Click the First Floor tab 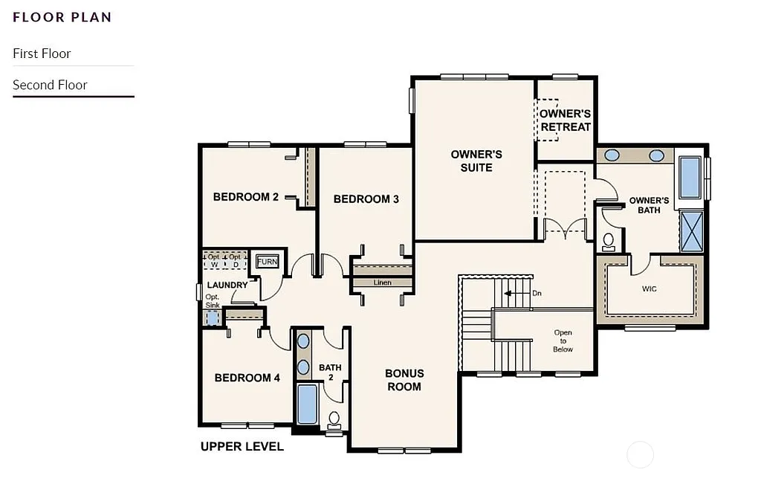[42, 54]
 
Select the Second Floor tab [50, 85]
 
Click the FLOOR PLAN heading [62, 17]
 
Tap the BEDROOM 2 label [245, 197]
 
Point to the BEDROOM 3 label [366, 199]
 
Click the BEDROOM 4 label [247, 378]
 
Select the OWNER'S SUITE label [476, 161]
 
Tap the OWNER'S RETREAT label [566, 120]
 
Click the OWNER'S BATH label [649, 205]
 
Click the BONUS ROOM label [404, 380]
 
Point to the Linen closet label [382, 283]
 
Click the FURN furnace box [267, 262]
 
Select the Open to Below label [563, 341]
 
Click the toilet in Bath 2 [334, 420]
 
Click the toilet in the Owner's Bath [609, 241]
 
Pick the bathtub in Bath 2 [307, 404]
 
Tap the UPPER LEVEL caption [242, 447]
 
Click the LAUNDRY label [227, 285]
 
